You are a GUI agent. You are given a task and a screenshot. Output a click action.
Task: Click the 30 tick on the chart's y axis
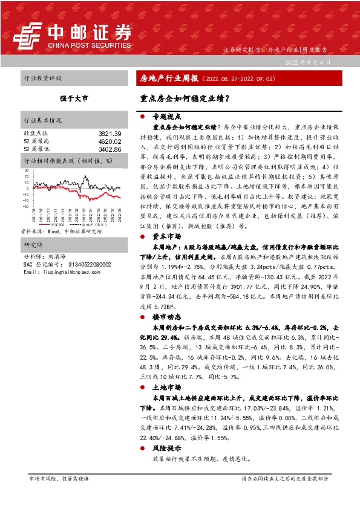[x=27, y=170]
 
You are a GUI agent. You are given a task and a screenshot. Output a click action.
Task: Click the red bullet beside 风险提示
[x=142, y=449]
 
